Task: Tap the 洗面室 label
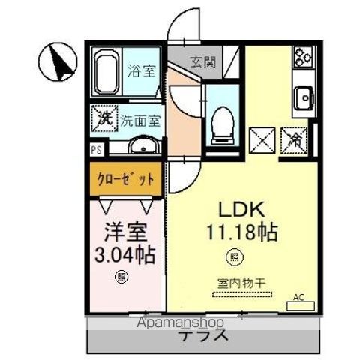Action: (140, 118)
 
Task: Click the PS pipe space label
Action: (97, 149)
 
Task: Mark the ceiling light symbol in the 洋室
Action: (121, 278)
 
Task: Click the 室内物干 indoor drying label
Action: (238, 283)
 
